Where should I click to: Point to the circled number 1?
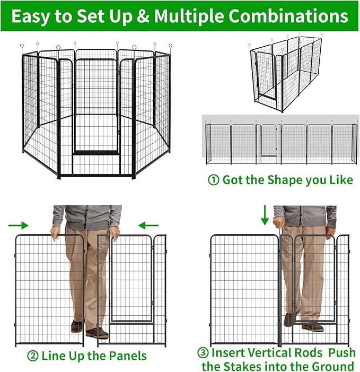pos(213,180)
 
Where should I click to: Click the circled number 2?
pos(33,355)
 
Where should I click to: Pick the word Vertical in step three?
pos(267,353)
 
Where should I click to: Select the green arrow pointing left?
pos(151,225)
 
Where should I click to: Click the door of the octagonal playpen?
pos(95,106)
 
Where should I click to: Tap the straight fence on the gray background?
pos(281,142)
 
